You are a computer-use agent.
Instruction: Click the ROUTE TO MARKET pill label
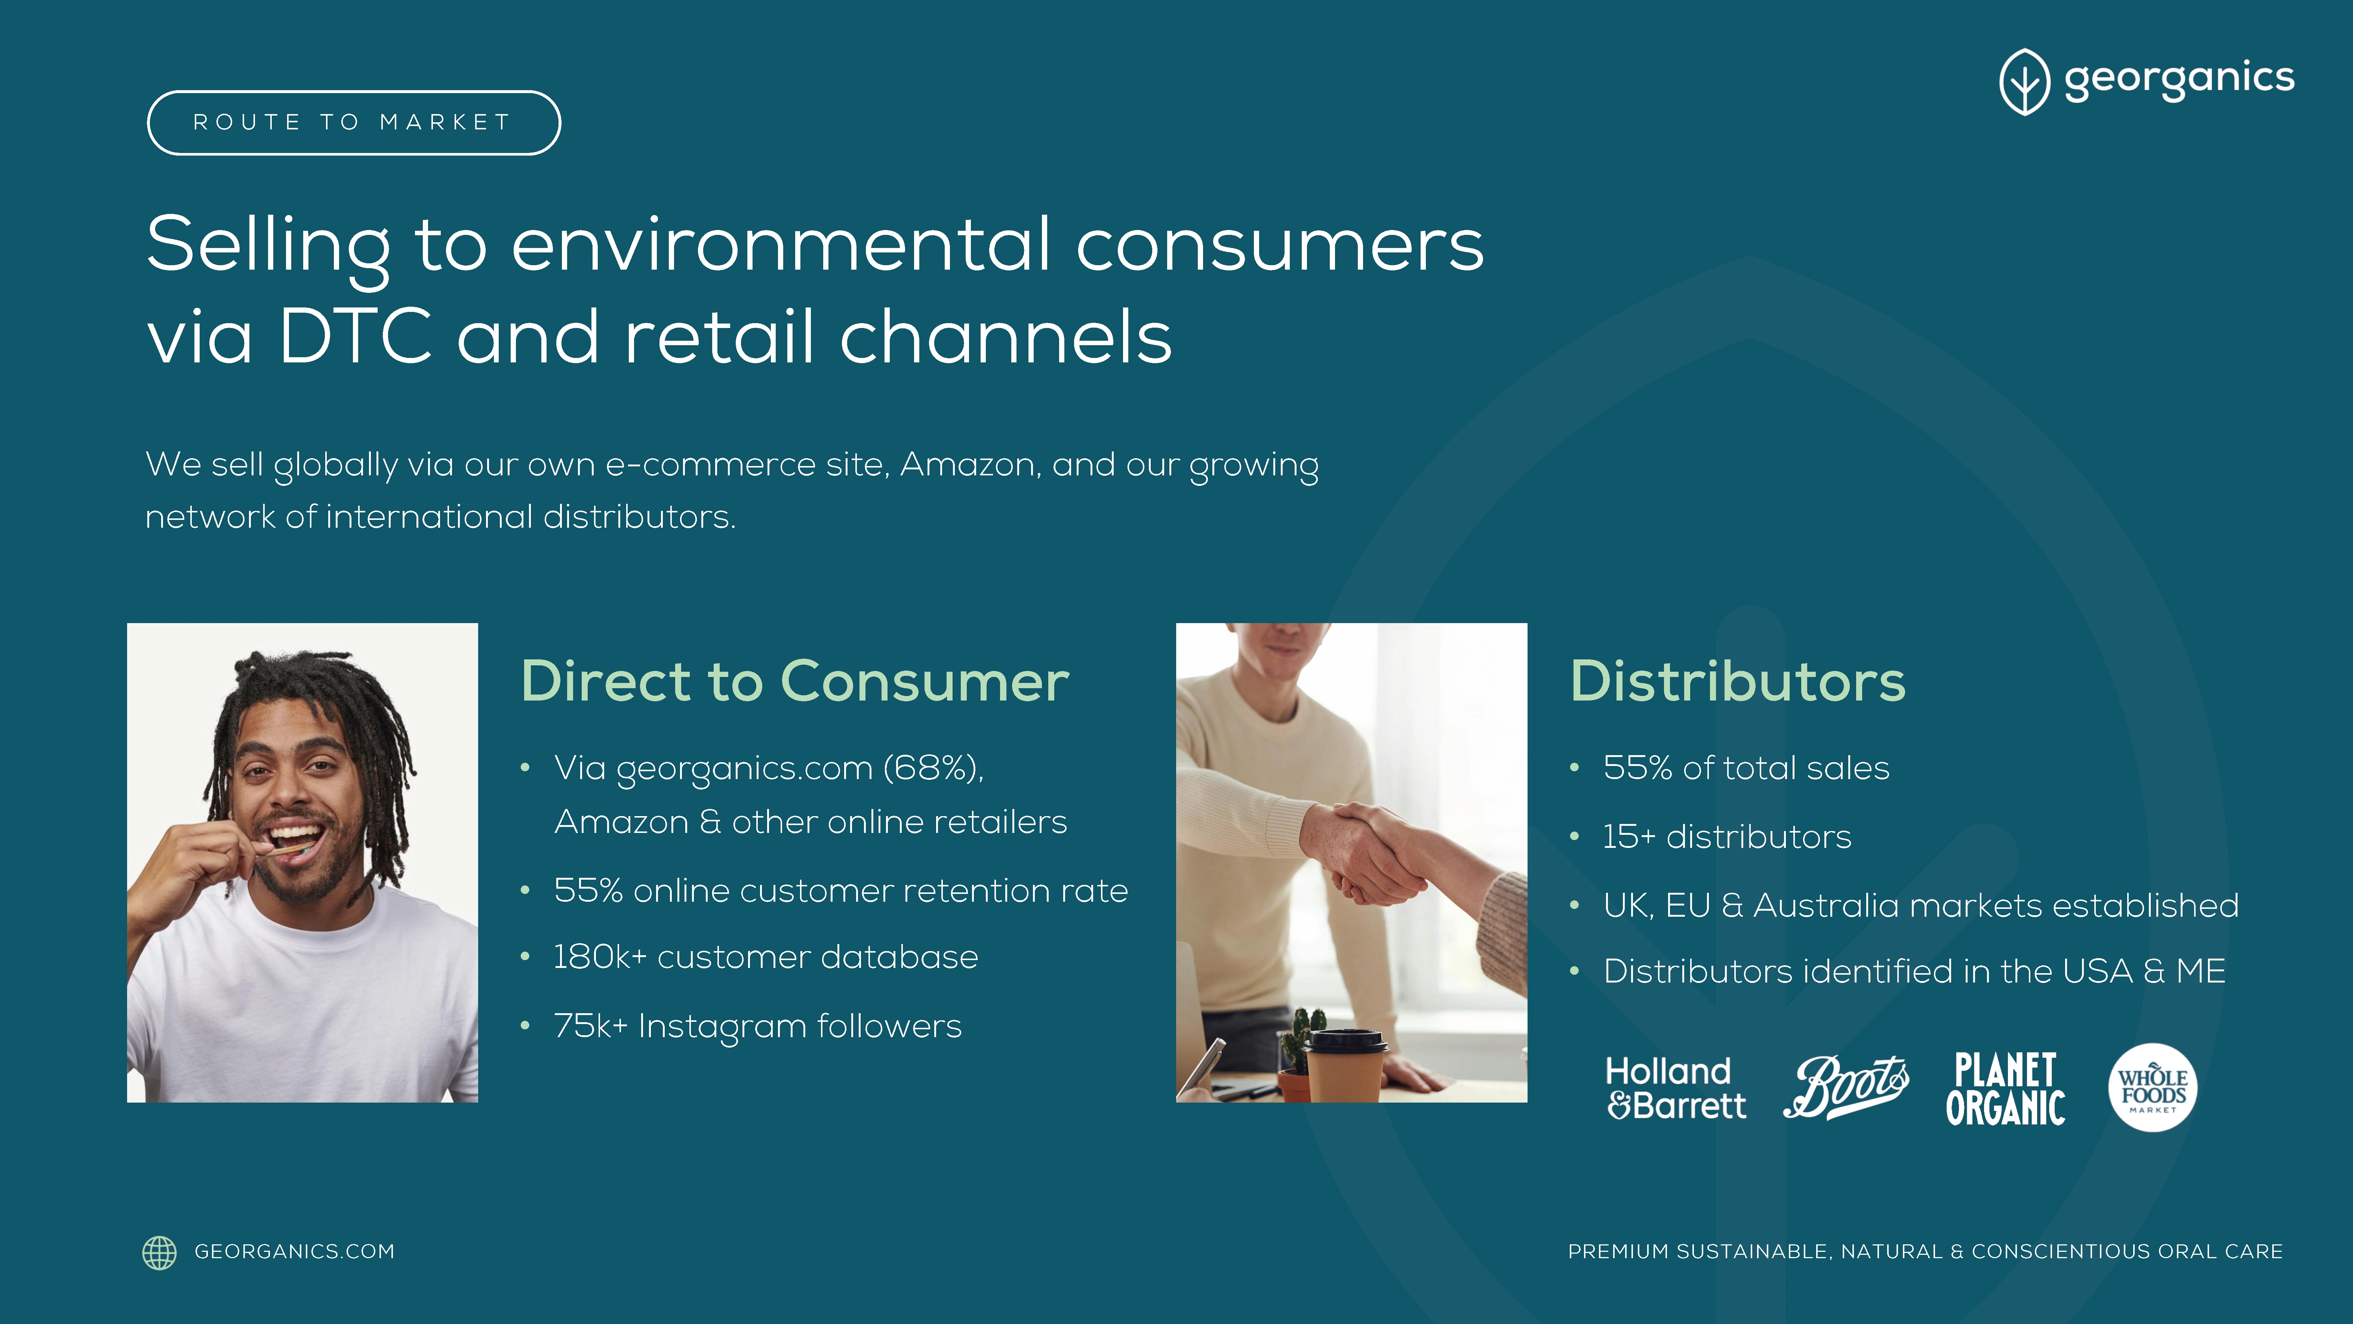point(354,122)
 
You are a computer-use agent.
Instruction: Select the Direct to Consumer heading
point(795,682)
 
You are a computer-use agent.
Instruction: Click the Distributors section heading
point(1737,682)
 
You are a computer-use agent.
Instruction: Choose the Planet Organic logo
point(2005,1088)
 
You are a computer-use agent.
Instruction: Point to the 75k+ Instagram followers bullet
point(757,1026)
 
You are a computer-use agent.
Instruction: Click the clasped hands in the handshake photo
point(1370,852)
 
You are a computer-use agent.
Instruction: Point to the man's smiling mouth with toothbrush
point(294,841)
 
